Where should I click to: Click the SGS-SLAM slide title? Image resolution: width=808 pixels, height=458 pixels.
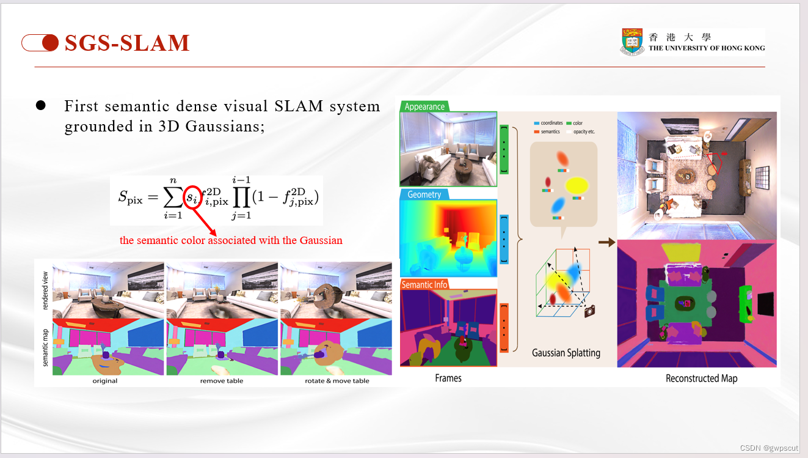[x=127, y=43]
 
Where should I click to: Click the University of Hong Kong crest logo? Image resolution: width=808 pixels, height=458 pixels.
[x=633, y=42]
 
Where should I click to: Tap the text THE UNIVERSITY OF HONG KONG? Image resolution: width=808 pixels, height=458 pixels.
[x=706, y=48]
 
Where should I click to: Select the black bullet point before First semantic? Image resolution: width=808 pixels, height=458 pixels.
[x=41, y=106]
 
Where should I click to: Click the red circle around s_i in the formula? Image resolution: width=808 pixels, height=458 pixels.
[x=194, y=197]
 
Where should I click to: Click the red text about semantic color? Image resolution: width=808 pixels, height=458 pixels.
[x=231, y=240]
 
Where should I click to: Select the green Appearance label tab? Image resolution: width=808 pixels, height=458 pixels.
[x=424, y=106]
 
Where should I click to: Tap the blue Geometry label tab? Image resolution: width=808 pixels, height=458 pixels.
[x=424, y=194]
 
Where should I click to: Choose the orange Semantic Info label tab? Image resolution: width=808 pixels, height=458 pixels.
[x=424, y=284]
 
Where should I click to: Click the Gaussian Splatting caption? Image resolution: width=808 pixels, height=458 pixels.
[x=566, y=353]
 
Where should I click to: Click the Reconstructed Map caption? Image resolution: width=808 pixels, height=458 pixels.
[x=701, y=379]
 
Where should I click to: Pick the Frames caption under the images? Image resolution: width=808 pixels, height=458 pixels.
[x=448, y=379]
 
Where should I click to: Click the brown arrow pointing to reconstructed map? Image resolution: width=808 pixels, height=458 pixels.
[x=606, y=243]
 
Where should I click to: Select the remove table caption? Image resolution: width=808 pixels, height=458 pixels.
[x=221, y=381]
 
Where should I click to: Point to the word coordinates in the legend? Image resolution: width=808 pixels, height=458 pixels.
[x=551, y=123]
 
